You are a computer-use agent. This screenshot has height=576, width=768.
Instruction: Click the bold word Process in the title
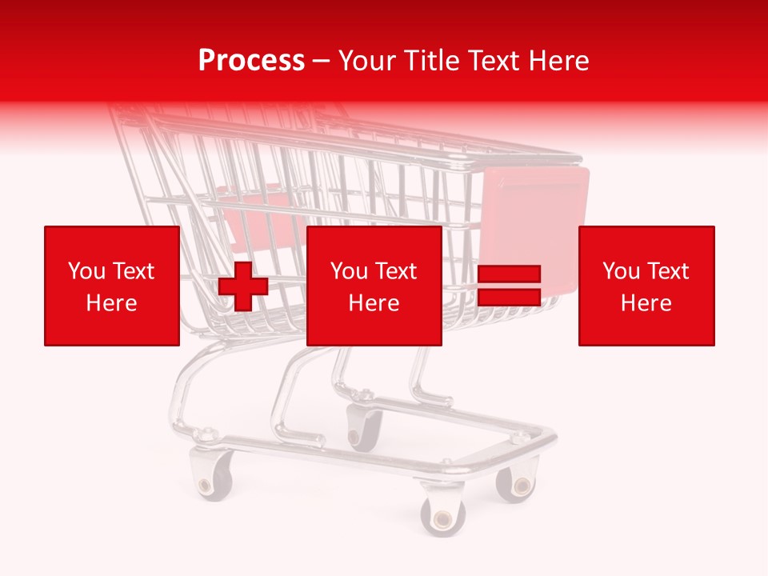click(251, 60)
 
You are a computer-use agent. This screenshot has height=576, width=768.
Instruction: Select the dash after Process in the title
click(322, 61)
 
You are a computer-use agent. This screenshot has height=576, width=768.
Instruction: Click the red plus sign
click(243, 286)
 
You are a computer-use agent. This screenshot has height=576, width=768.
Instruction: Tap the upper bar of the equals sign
click(509, 274)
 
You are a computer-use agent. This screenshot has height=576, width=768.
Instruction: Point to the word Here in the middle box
click(374, 303)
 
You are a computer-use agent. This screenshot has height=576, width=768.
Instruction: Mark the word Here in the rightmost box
click(646, 303)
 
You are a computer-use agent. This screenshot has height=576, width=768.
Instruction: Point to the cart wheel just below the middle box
click(364, 427)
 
